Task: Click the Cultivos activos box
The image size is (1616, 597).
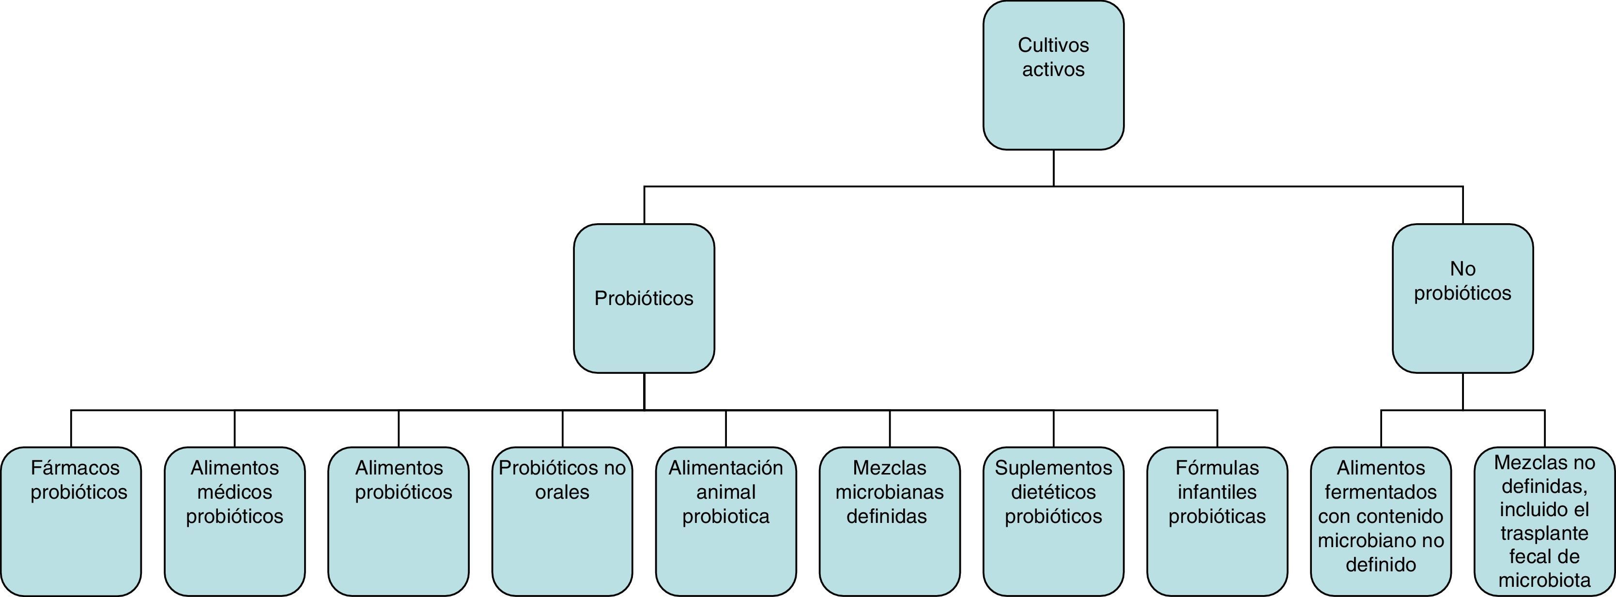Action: pyautogui.click(x=1053, y=75)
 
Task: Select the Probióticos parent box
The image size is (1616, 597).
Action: pyautogui.click(x=644, y=298)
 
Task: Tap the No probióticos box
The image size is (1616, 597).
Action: pyautogui.click(x=1462, y=298)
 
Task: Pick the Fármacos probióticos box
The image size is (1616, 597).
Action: pyautogui.click(x=71, y=520)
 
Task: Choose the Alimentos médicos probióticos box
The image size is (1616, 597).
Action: pyautogui.click(x=234, y=520)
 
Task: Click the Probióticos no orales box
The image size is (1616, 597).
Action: pyautogui.click(x=562, y=520)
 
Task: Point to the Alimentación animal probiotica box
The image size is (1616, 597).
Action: pyautogui.click(x=726, y=520)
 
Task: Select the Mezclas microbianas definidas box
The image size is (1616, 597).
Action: pyautogui.click(x=890, y=520)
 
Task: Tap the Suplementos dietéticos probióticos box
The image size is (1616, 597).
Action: pyautogui.click(x=1053, y=520)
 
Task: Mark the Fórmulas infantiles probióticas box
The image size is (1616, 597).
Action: pyautogui.click(x=1217, y=520)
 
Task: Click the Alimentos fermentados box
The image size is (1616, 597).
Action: pyautogui.click(x=1381, y=520)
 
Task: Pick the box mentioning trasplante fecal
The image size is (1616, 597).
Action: pyautogui.click(x=1544, y=520)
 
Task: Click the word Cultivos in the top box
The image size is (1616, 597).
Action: pyautogui.click(x=1053, y=45)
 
